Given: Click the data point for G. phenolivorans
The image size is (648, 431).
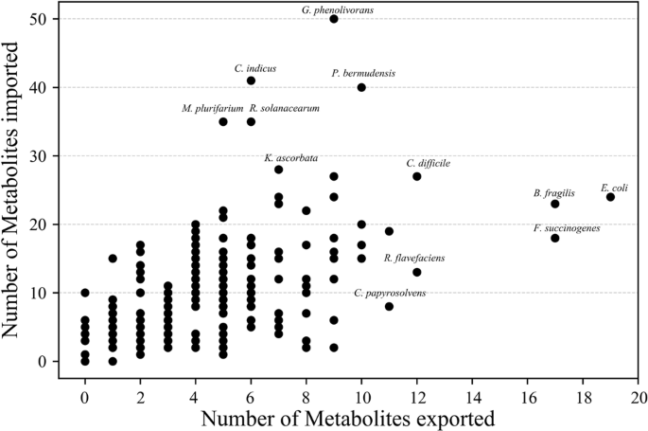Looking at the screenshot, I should [334, 19].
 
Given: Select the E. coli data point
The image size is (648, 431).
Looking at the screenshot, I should [610, 197].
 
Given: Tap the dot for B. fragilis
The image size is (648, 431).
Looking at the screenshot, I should [555, 204].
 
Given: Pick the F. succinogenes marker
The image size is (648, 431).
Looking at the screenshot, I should [555, 238].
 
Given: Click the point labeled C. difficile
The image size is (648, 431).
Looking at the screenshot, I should [417, 176].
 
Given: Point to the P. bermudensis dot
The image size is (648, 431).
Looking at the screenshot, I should [361, 87].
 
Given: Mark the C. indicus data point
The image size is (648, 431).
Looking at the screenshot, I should [251, 81].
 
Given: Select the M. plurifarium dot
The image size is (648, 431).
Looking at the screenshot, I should [223, 121].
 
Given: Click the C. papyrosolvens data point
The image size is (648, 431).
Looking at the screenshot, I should [389, 306].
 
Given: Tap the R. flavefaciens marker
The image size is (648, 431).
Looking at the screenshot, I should [417, 272].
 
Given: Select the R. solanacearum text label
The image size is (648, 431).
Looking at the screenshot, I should [285, 109].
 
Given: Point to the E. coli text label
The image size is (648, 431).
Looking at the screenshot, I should [615, 189].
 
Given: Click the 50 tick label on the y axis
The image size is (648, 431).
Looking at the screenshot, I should [41, 19].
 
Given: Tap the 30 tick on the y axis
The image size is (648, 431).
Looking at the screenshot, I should [41, 155].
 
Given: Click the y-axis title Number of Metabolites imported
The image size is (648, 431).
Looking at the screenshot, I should [14, 189].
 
